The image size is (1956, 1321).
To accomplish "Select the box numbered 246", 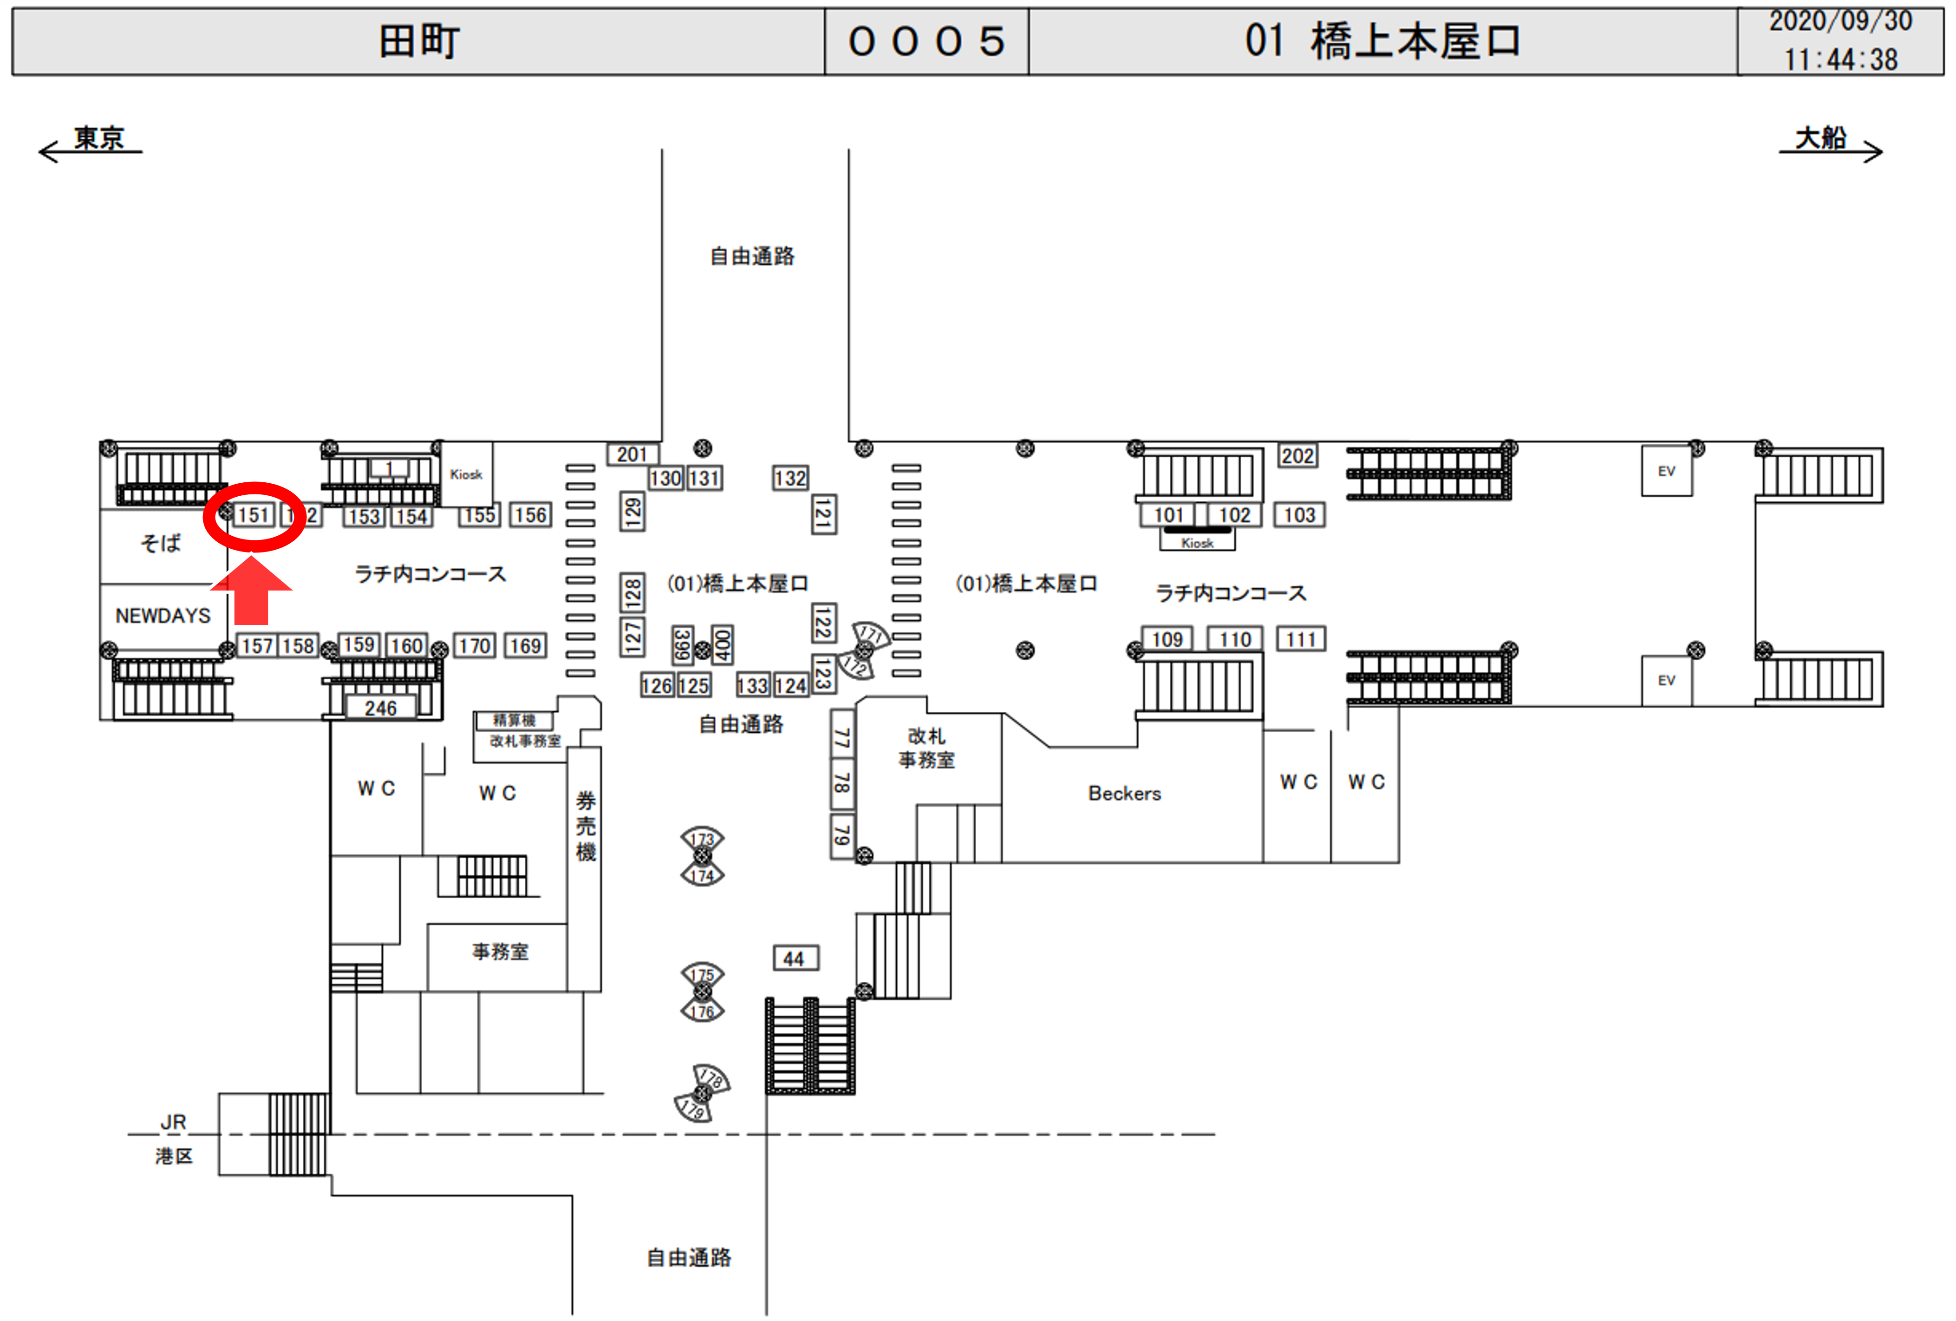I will point(380,708).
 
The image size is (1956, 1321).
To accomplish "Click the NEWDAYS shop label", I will point(163,616).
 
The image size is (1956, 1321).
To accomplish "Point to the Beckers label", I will point(1124,793).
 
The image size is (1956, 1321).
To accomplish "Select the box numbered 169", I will point(525,646).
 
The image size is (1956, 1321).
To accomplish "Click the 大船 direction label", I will point(1820,138).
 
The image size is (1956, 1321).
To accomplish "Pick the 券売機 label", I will point(586,826).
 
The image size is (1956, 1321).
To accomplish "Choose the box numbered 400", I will point(722,645).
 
